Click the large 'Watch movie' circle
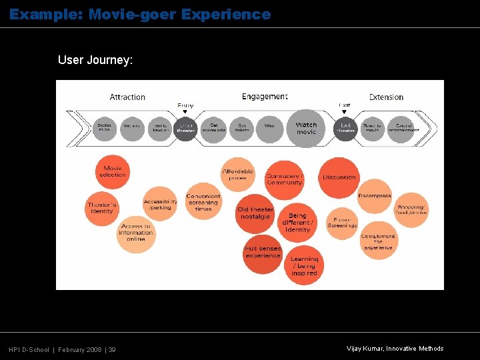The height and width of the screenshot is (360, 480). click(x=305, y=127)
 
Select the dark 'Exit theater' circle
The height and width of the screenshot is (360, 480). click(x=345, y=127)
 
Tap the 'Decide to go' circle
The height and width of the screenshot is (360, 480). click(x=105, y=127)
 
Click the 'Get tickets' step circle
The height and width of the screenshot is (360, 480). click(x=242, y=127)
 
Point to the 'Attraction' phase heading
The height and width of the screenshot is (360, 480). click(x=127, y=97)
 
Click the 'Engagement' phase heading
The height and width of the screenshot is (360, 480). click(x=265, y=97)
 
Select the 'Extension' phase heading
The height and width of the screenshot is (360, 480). click(x=386, y=97)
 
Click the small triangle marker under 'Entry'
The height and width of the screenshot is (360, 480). click(x=185, y=112)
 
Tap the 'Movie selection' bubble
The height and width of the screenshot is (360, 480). click(x=113, y=172)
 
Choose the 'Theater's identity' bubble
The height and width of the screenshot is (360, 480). click(x=102, y=207)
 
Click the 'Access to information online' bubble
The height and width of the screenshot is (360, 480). click(x=136, y=233)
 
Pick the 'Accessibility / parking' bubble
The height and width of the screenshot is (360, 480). click(x=160, y=204)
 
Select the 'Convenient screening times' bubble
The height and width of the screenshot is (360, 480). click(x=203, y=202)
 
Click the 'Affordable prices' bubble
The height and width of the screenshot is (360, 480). click(x=238, y=175)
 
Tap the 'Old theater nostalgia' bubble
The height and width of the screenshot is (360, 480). click(x=255, y=213)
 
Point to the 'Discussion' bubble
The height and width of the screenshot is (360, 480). click(x=339, y=177)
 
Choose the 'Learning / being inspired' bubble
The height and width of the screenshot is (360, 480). click(x=304, y=265)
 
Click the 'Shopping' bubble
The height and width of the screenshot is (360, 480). click(x=410, y=209)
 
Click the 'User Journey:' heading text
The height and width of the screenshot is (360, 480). click(x=95, y=60)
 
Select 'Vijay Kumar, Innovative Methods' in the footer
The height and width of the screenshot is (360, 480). click(x=395, y=349)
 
